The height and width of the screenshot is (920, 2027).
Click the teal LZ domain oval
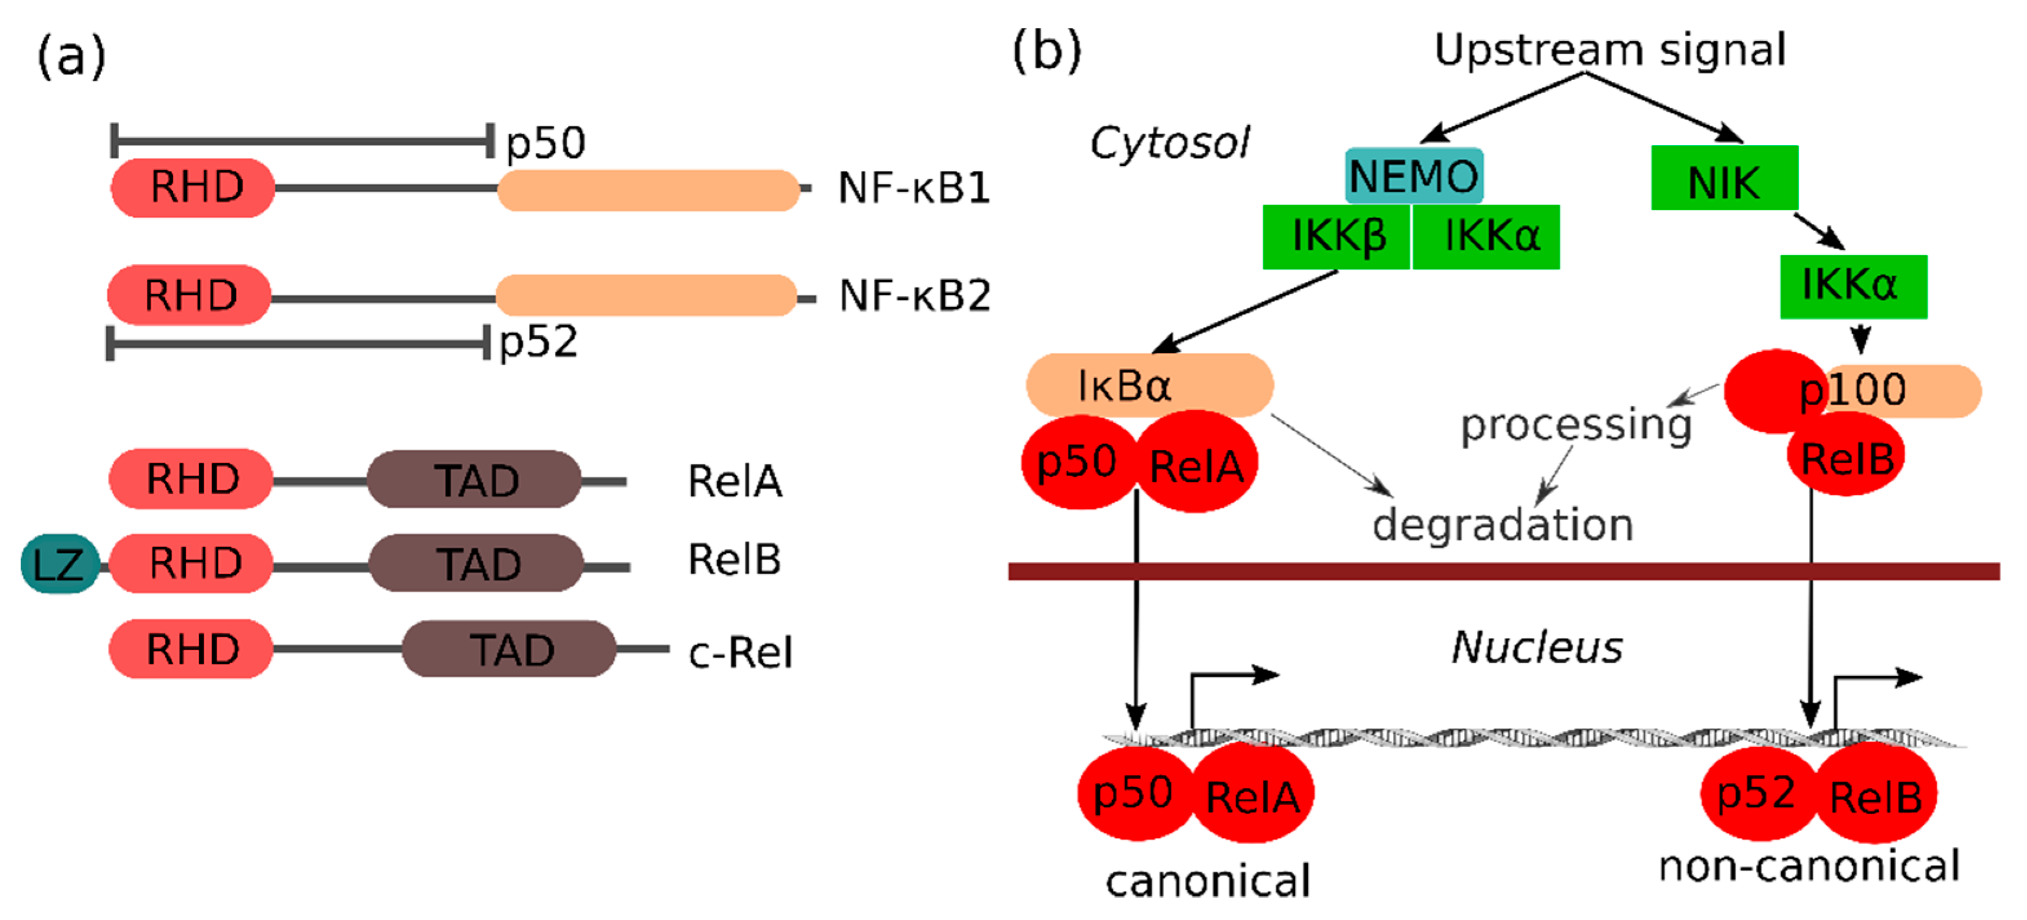(59, 563)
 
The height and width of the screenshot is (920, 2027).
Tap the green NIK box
(1723, 178)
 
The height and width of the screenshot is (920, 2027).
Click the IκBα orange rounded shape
(1149, 385)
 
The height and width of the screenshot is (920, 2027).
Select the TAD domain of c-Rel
(510, 649)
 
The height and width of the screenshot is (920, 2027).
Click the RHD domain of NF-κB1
(194, 187)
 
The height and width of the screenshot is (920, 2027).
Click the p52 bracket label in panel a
(539, 342)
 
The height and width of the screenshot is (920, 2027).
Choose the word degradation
(1502, 525)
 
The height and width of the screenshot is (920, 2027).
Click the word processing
(1576, 426)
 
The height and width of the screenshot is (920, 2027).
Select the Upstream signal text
(1609, 50)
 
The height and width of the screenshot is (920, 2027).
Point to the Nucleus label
(1536, 647)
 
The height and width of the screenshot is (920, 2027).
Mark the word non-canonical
(1808, 866)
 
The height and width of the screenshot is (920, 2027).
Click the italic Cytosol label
(1170, 143)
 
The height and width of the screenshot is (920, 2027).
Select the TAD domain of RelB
(477, 563)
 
